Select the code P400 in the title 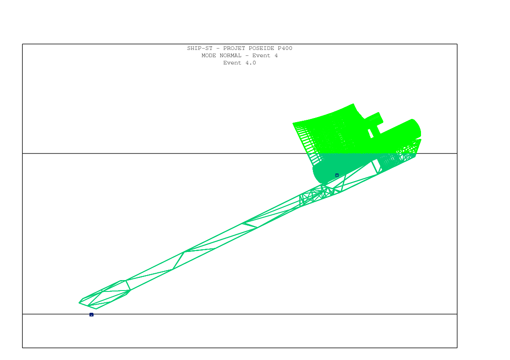[x=285, y=48]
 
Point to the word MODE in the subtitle [x=208, y=55]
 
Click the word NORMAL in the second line [x=231, y=55]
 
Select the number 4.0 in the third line [x=250, y=63]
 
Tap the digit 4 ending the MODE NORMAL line [x=276, y=55]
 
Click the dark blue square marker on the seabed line [x=91, y=315]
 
